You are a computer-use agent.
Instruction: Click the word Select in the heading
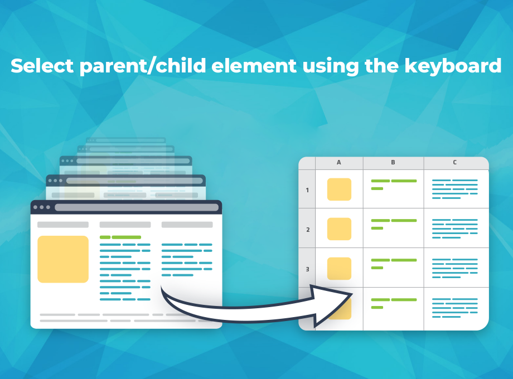click(42, 66)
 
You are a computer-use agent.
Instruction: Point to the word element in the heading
click(254, 66)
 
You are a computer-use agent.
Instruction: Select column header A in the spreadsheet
click(339, 162)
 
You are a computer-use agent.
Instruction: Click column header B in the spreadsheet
click(393, 162)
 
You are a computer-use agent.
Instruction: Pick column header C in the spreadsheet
click(455, 162)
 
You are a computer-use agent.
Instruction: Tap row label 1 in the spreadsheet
click(307, 190)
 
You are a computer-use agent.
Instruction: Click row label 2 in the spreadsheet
click(308, 230)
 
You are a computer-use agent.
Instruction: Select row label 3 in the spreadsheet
click(308, 269)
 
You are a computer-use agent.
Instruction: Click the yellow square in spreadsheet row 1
click(339, 189)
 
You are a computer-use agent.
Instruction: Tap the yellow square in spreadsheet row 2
click(339, 229)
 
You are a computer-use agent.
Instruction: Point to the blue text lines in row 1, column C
click(455, 189)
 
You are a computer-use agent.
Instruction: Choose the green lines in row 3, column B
click(394, 264)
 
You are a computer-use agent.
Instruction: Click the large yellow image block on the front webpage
click(63, 259)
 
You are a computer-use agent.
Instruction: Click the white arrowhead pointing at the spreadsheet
click(331, 306)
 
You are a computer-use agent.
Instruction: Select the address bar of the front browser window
click(137, 207)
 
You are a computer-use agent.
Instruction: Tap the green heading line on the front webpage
click(120, 237)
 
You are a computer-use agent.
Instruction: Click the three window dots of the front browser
click(42, 207)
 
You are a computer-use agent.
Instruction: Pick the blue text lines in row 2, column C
click(455, 229)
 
